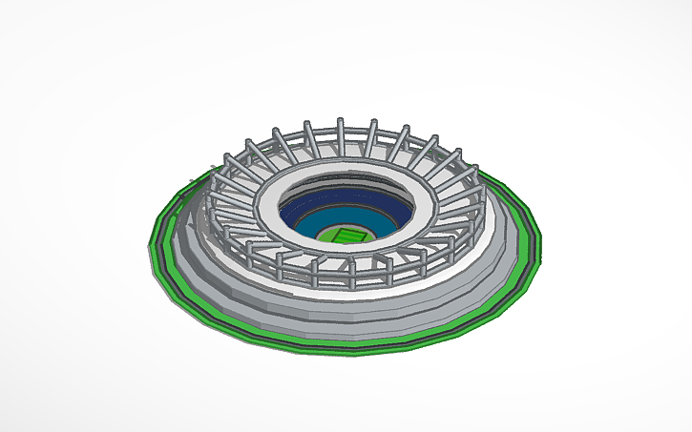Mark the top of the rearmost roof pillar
click(341, 122)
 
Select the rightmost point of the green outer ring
click(539, 238)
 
